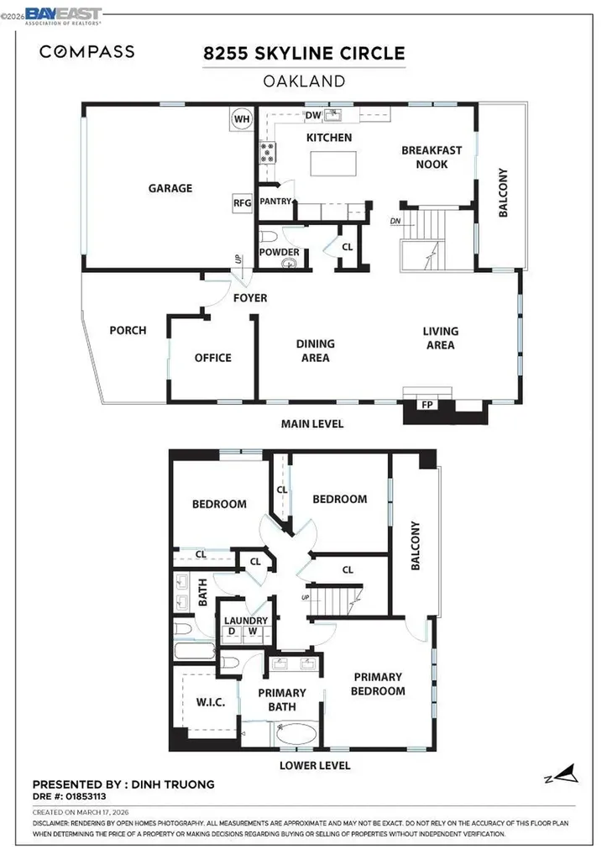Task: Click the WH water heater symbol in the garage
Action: click(242, 119)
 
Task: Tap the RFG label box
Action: click(242, 202)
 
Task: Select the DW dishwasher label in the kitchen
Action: click(313, 116)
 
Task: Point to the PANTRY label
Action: click(275, 202)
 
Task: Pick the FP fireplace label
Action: click(426, 406)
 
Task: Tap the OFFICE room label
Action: click(212, 358)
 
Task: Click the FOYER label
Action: click(250, 298)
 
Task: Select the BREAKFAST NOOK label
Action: click(431, 157)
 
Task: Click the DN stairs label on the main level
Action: click(395, 222)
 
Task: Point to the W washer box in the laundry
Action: click(252, 632)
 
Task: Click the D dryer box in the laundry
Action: click(230, 632)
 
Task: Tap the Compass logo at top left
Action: click(86, 52)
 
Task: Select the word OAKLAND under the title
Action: click(304, 81)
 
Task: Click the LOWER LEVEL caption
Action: click(316, 766)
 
